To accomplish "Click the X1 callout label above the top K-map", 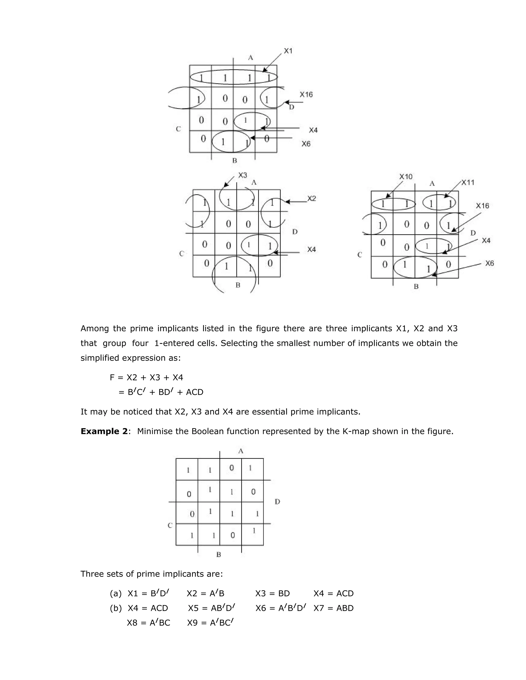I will pyautogui.click(x=288, y=51).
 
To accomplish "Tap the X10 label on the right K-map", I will pyautogui.click(x=406, y=177).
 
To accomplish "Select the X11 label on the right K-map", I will pyautogui.click(x=468, y=182).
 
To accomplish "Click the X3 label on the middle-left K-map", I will pyautogui.click(x=242, y=175).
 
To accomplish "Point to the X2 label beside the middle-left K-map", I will pyautogui.click(x=312, y=198).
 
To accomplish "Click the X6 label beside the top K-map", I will pyautogui.click(x=306, y=144).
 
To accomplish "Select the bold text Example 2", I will pyautogui.click(x=104, y=431).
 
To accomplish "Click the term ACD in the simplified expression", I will pyautogui.click(x=194, y=392).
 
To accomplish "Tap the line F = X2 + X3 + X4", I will pyautogui.click(x=146, y=377).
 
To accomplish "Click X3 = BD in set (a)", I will pyautogui.click(x=272, y=594).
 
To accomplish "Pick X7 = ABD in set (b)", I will pyautogui.click(x=333, y=608).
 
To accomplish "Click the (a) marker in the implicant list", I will pyautogui.click(x=116, y=594).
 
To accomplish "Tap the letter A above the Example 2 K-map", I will pyautogui.click(x=241, y=451).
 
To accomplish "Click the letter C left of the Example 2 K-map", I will pyautogui.click(x=170, y=525).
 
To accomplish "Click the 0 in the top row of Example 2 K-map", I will pyautogui.click(x=231, y=468).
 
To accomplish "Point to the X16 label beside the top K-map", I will pyautogui.click(x=306, y=94).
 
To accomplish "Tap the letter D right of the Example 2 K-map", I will pyautogui.click(x=277, y=502).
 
